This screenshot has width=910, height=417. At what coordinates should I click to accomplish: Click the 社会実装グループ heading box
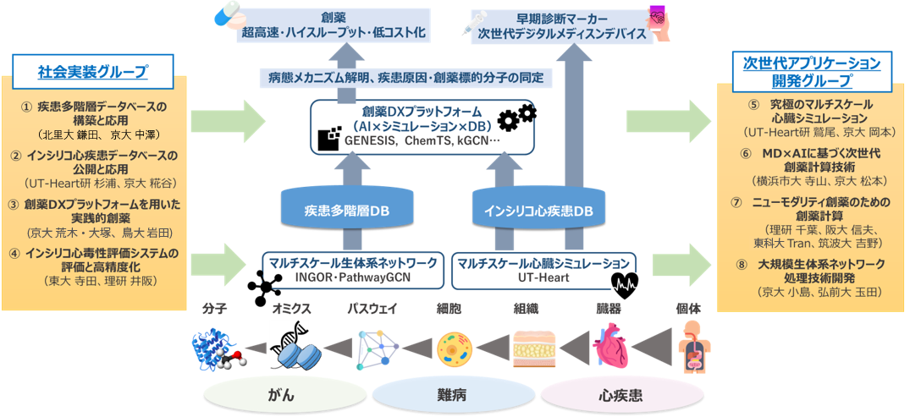tap(93, 71)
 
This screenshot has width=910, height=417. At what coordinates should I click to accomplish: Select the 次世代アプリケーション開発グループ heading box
tap(811, 71)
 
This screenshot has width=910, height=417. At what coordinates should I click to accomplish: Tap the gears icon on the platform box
tap(516, 118)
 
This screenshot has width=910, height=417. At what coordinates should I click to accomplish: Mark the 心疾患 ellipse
tap(621, 395)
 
